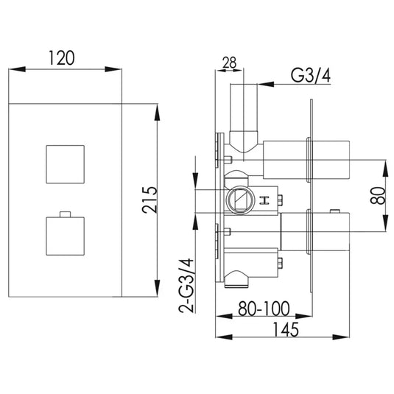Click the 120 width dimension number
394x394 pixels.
click(66, 57)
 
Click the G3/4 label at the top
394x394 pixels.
click(310, 76)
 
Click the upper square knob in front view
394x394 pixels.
click(66, 163)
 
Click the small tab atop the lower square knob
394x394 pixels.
click(66, 214)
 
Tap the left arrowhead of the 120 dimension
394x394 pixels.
click(11, 71)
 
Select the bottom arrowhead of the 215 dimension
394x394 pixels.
click(157, 289)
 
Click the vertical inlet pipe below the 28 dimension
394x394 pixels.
click(242, 110)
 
